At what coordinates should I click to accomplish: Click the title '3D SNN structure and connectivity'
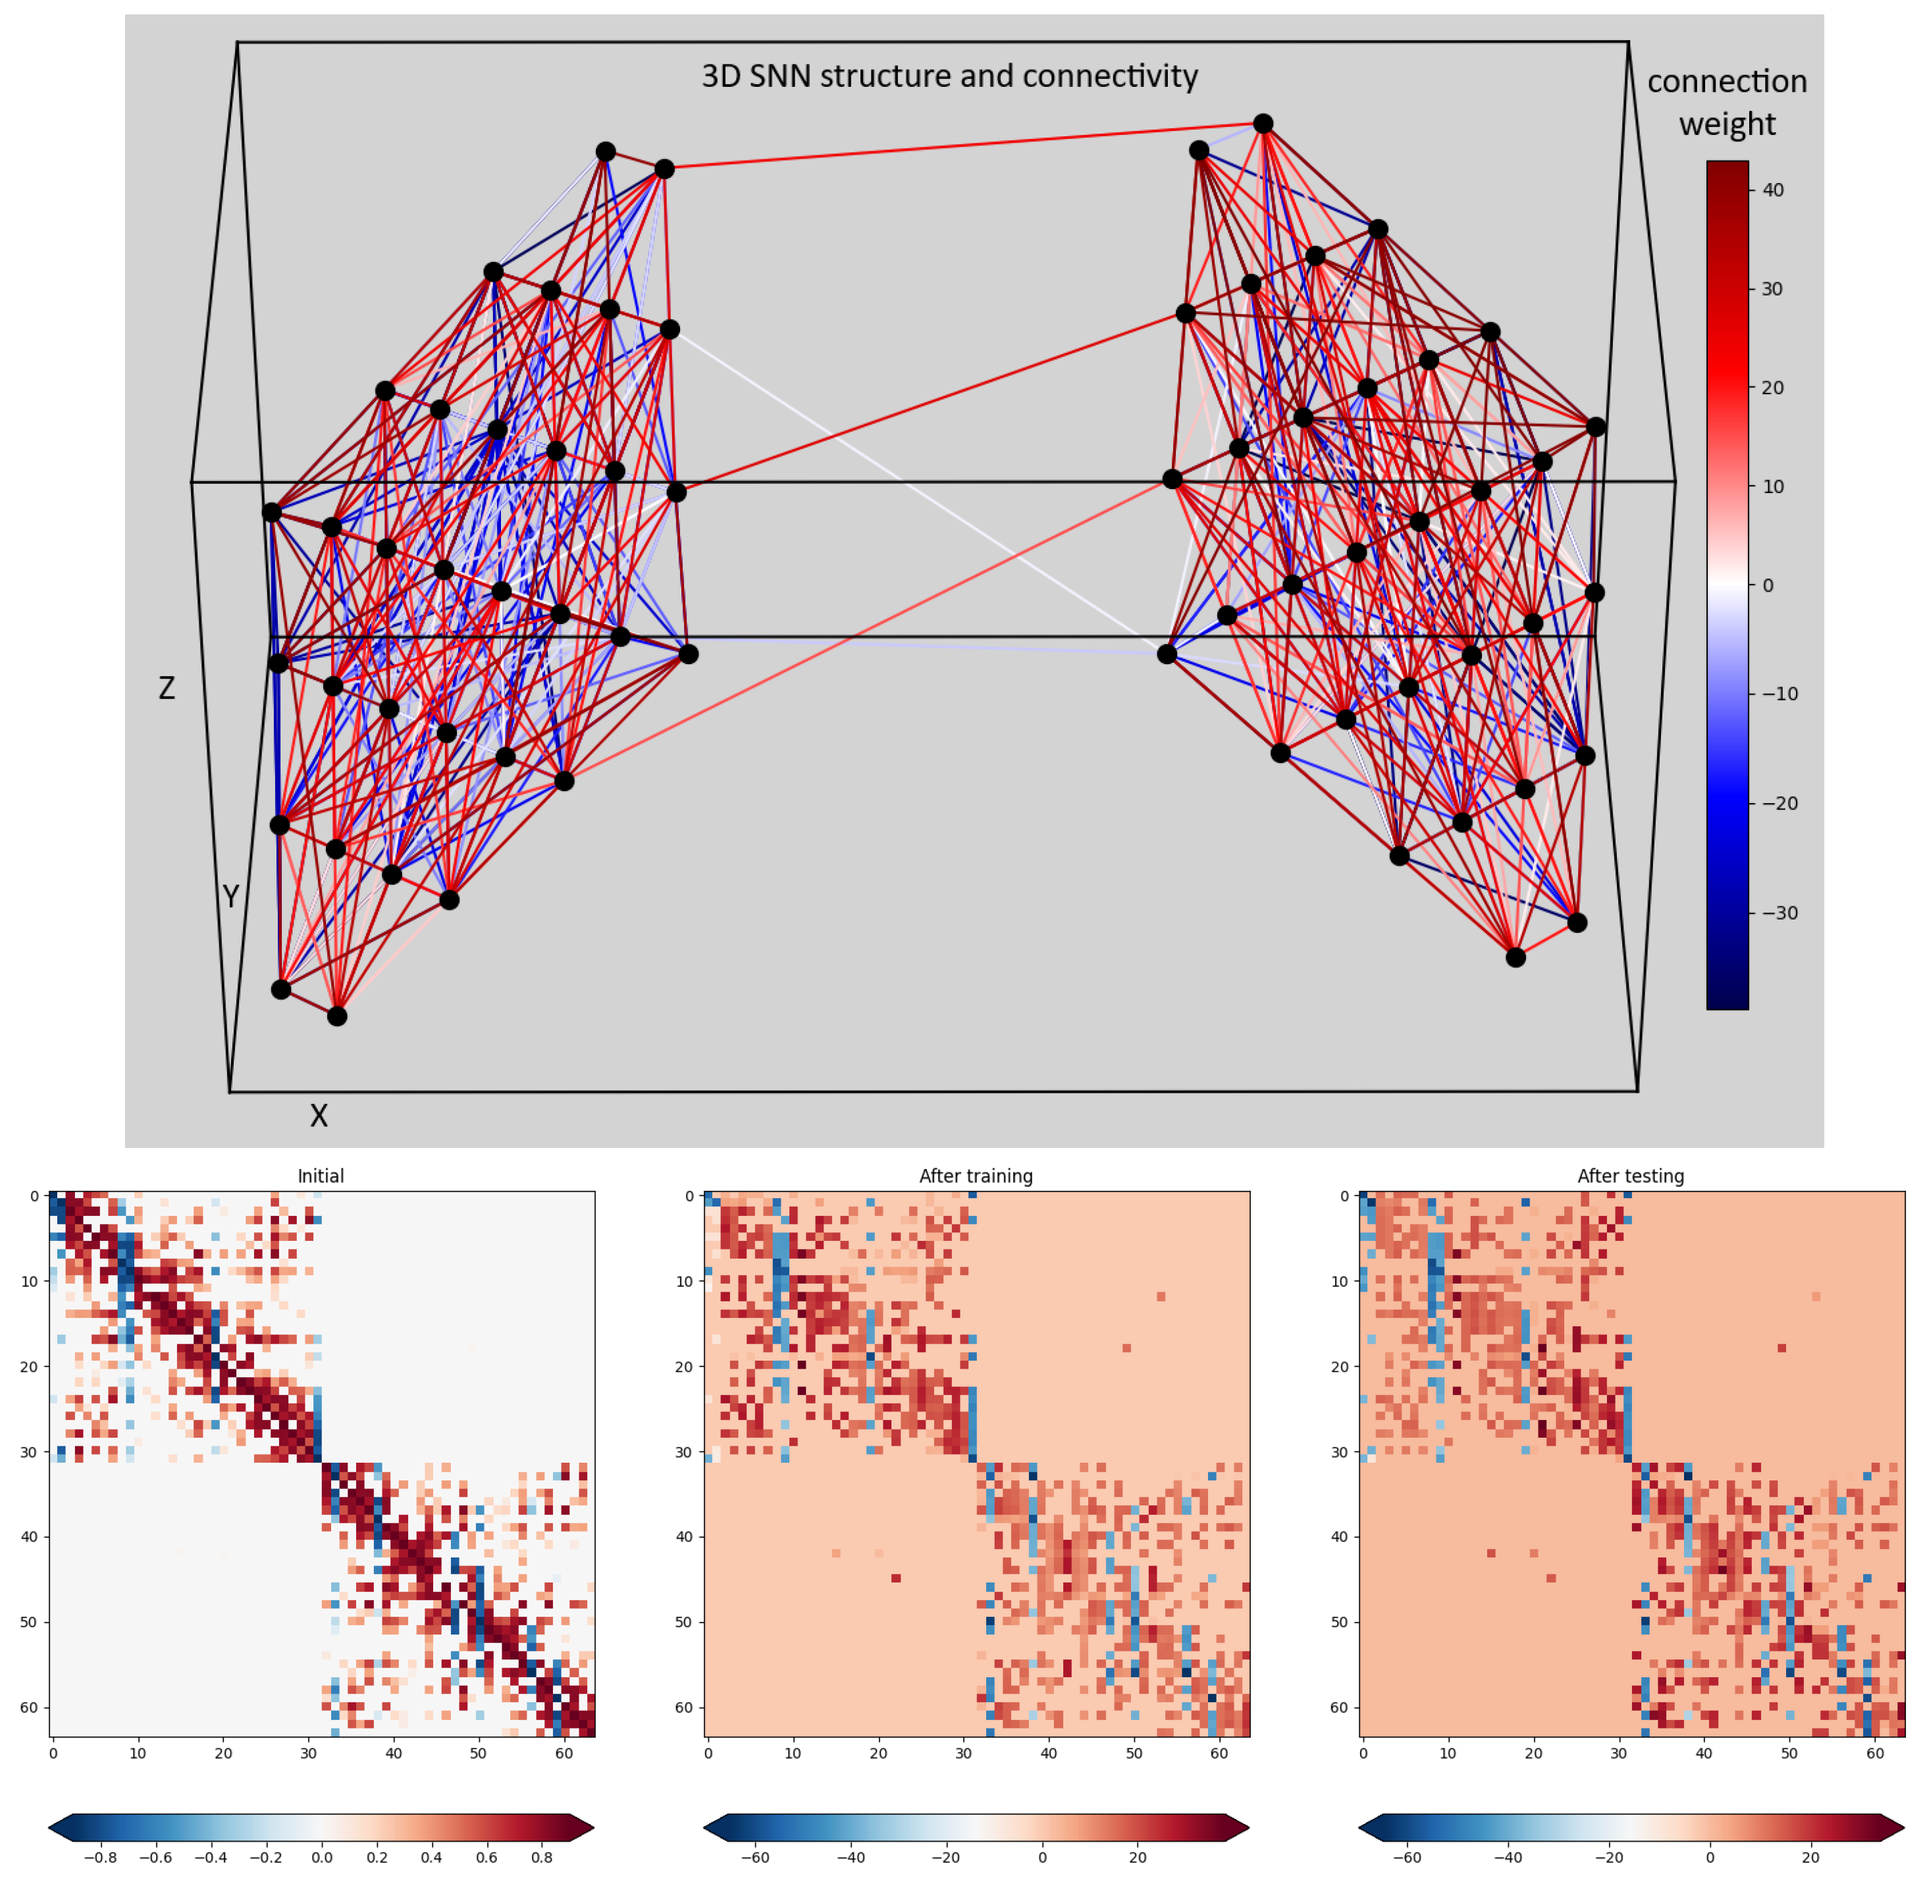coord(949,76)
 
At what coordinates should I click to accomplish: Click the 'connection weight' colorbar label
coord(1726,102)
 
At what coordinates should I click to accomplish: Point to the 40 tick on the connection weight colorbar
coord(1773,190)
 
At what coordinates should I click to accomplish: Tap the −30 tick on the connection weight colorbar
coord(1779,912)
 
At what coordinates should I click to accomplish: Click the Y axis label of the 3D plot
coord(230,897)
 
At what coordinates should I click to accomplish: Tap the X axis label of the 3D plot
coord(319,1116)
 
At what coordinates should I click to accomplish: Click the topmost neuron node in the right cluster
coord(1263,124)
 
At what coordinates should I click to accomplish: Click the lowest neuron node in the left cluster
coord(337,1016)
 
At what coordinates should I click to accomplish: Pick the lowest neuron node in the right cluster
coord(1516,957)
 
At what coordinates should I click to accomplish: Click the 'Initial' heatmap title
coord(321,1176)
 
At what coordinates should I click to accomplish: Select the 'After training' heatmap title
coord(976,1176)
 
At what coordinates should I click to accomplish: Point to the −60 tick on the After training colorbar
coord(754,1857)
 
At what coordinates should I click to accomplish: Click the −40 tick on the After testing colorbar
coord(1507,1857)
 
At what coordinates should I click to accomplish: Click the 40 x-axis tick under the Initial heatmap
coord(394,1754)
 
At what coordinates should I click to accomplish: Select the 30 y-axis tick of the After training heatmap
coord(689,1452)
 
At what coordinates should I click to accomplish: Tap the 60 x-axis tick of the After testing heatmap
coord(1874,1754)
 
